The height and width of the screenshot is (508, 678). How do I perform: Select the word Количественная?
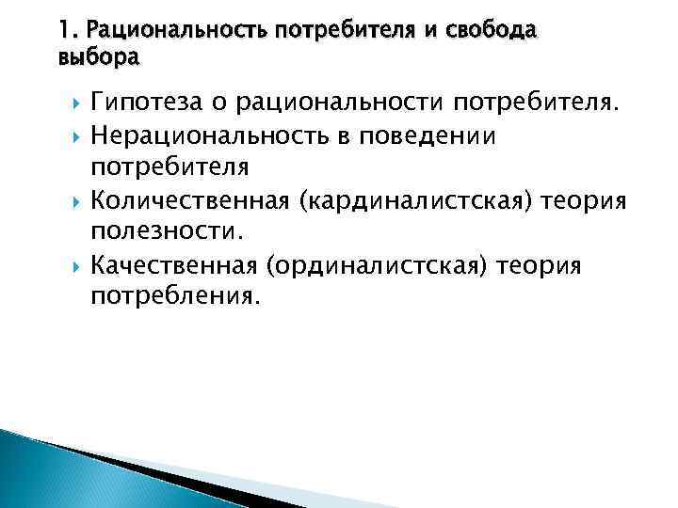pos(185,201)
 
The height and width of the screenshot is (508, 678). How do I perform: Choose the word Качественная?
pos(173,266)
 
